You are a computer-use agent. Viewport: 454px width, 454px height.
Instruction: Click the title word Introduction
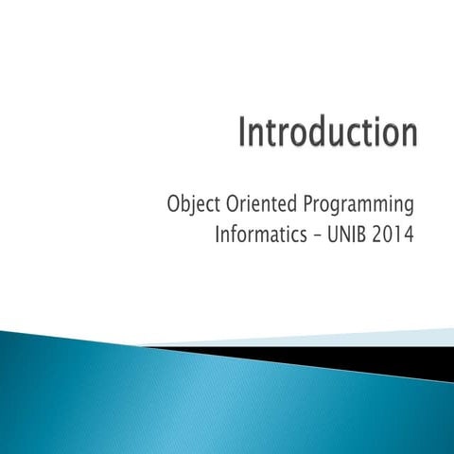(x=326, y=133)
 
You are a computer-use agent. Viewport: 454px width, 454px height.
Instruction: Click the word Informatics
(x=264, y=235)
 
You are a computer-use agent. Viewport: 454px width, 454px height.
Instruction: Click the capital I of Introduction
(x=241, y=133)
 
